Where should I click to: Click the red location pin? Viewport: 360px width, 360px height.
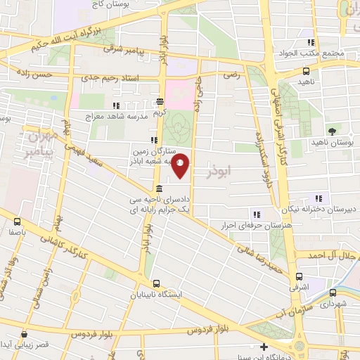click(x=181, y=165)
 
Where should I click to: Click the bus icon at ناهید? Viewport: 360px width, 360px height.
click(x=306, y=71)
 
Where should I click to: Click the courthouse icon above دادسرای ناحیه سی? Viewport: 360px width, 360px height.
click(x=160, y=188)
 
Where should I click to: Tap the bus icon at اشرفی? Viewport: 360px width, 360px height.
click(x=300, y=276)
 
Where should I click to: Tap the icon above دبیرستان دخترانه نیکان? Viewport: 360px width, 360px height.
click(x=318, y=198)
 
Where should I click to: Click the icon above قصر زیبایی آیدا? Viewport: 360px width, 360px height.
click(x=24, y=335)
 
